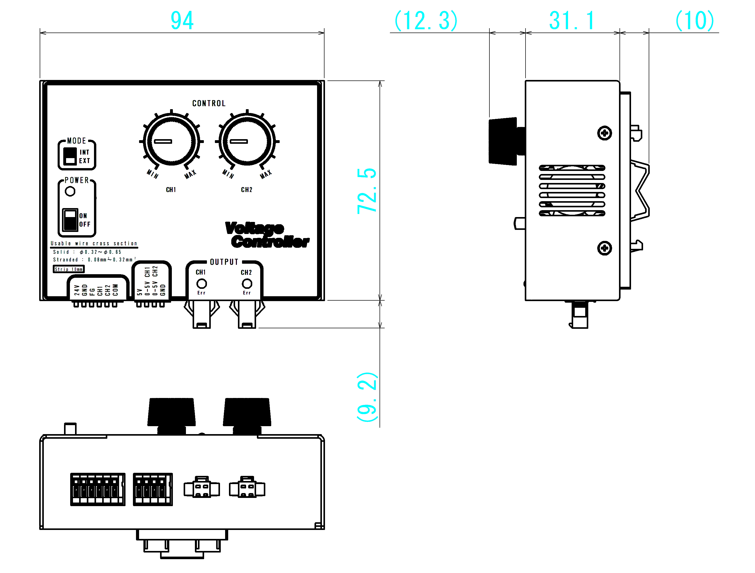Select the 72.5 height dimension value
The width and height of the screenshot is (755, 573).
[366, 191]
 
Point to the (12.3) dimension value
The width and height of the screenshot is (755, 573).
[426, 21]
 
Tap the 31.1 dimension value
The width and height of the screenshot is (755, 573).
[572, 21]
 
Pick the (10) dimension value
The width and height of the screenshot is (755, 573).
[695, 21]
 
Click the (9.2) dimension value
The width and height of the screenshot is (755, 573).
[367, 397]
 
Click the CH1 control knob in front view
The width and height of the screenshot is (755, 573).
[171, 141]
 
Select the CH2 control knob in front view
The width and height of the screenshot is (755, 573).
[247, 141]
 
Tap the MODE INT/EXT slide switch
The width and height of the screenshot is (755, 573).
[70, 156]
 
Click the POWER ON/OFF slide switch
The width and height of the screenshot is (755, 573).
[70, 220]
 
